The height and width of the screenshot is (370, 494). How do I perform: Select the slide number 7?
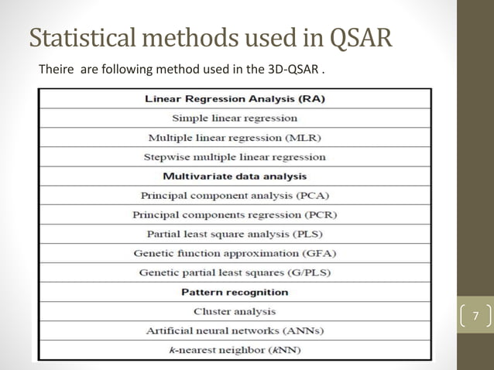point(476,317)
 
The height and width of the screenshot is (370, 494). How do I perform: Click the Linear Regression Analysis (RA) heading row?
point(235,99)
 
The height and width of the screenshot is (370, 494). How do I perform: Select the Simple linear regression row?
point(235,118)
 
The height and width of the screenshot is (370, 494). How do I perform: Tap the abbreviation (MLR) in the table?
point(303,138)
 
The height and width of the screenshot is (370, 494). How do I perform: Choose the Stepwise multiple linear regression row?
point(235,157)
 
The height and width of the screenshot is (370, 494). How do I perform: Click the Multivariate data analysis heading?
point(235,176)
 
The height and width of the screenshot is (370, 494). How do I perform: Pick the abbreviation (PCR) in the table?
point(317,214)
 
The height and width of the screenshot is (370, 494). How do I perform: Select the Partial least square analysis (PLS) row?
point(235,234)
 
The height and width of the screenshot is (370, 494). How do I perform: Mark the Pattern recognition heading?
point(235,292)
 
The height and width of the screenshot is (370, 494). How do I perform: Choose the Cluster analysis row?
point(235,311)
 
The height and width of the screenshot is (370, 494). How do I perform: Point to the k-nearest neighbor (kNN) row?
point(235,350)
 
